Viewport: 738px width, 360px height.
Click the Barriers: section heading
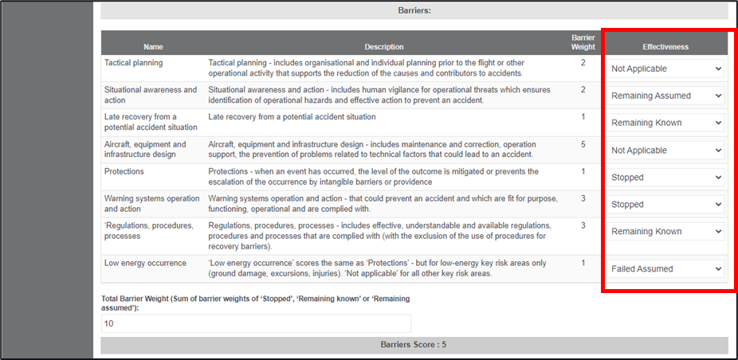(x=414, y=11)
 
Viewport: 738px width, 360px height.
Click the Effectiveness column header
(x=665, y=47)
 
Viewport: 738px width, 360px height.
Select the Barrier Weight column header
(x=583, y=42)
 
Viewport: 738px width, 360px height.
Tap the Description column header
(x=384, y=47)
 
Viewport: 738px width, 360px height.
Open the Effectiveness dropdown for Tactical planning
(x=666, y=68)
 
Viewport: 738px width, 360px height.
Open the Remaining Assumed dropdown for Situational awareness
(x=666, y=96)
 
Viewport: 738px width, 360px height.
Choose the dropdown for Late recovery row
(x=666, y=123)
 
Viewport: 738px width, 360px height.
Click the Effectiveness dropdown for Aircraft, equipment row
(x=666, y=150)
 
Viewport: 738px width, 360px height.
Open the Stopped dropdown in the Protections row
(x=666, y=177)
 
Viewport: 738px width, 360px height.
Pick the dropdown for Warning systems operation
(x=666, y=204)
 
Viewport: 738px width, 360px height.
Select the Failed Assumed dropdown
(x=666, y=268)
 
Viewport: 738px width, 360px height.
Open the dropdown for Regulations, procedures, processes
(x=666, y=231)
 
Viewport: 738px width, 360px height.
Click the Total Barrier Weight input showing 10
(x=256, y=323)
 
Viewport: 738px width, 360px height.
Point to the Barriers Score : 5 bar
(x=414, y=345)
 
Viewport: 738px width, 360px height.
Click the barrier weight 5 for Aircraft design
(x=583, y=144)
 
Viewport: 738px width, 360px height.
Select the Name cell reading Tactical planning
(x=133, y=63)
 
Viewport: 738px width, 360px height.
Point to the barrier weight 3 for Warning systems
(x=583, y=198)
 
